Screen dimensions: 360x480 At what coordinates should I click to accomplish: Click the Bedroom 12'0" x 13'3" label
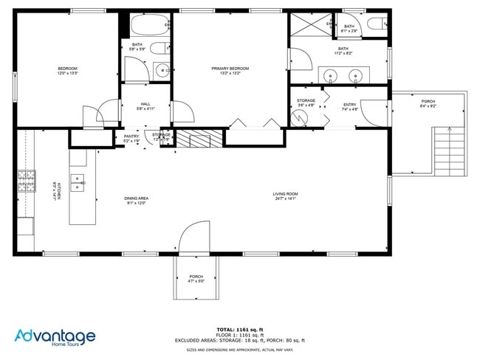coord(68,72)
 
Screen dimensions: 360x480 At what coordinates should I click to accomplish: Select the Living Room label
coord(287,195)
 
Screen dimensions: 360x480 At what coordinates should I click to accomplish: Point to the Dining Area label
coord(137,200)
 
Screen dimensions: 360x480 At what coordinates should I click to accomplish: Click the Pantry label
coord(131,137)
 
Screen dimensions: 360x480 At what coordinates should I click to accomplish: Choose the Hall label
coord(145,106)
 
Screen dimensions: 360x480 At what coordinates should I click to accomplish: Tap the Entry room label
coord(350,106)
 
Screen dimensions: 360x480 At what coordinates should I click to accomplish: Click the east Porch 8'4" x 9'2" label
coord(428,103)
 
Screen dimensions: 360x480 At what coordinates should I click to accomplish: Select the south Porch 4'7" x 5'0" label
coord(196,279)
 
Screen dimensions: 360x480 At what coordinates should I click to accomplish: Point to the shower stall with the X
coord(309,24)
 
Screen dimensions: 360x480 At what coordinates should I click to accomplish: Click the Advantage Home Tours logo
coord(55,338)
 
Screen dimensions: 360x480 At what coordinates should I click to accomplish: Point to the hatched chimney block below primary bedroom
coord(200,138)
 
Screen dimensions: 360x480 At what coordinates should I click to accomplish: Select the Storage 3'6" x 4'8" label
coord(306,103)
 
